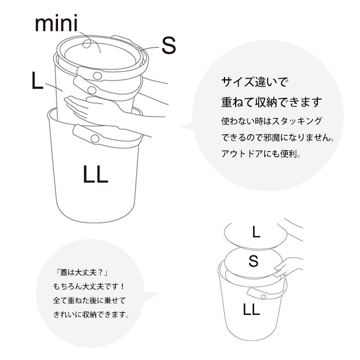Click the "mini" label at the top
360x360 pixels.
(56, 23)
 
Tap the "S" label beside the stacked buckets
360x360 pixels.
(169, 46)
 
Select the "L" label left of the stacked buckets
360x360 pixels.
(37, 80)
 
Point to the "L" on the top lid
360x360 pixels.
(256, 232)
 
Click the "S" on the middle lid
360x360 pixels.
(254, 261)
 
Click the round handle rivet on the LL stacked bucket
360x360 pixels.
(95, 138)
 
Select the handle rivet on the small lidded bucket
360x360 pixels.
(263, 296)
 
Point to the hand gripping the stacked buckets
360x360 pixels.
(92, 108)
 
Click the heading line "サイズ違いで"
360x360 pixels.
(254, 82)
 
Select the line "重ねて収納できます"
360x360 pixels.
(272, 102)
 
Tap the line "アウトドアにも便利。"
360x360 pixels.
(261, 154)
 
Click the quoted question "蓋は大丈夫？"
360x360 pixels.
(82, 272)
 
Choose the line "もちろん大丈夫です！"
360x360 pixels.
(89, 286)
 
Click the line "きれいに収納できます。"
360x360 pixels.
(91, 314)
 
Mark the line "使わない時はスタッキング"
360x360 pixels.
(272, 121)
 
